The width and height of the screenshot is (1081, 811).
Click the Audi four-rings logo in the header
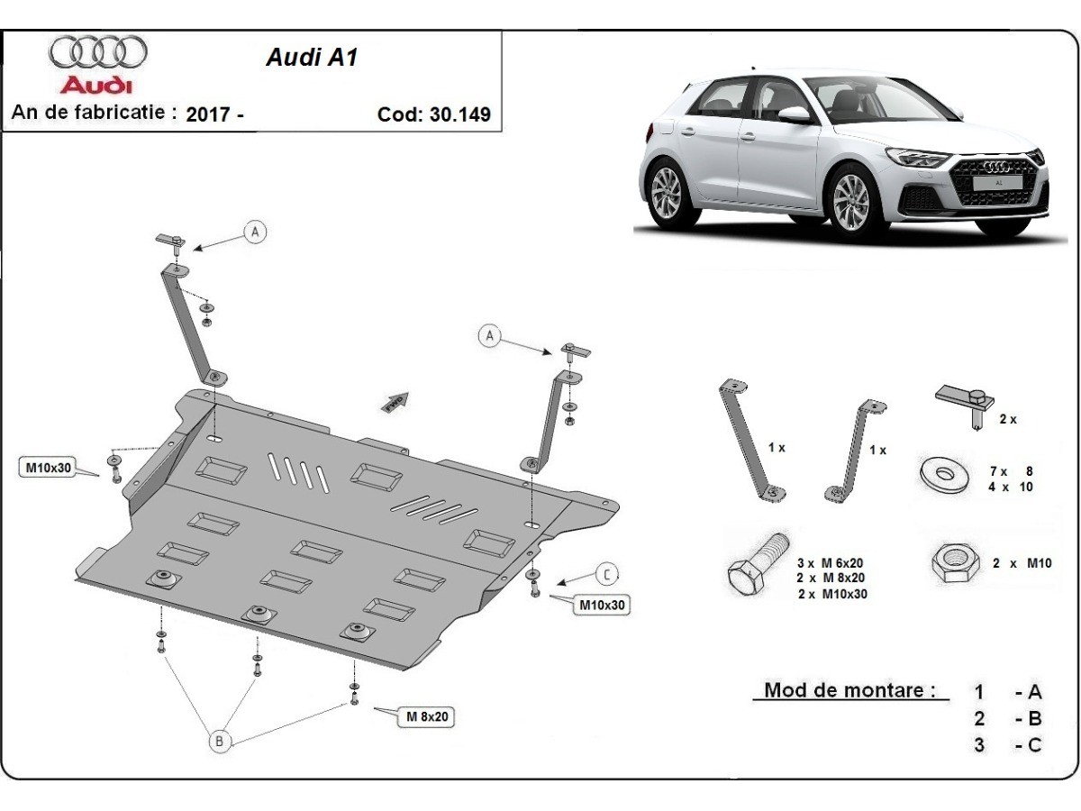97,52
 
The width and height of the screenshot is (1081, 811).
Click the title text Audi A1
311,58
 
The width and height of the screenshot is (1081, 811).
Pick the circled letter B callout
219,742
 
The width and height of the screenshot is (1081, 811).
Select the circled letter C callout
607,573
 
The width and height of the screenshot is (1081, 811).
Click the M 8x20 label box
426,716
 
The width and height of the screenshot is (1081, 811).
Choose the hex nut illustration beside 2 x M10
954,563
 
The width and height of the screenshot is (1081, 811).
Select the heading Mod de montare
843,691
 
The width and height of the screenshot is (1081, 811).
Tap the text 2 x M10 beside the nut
1022,563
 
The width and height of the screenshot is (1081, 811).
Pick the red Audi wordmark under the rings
96,86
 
